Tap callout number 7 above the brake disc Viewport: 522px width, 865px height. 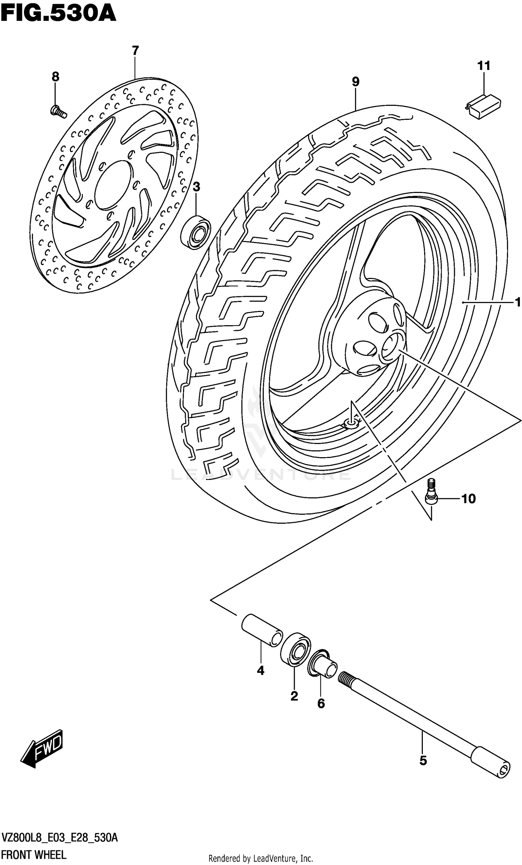tap(135, 50)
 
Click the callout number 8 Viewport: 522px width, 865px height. tap(55, 77)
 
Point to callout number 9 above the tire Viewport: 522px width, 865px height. tap(355, 82)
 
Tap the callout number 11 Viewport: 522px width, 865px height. tap(483, 66)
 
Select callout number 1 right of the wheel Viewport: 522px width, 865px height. tap(517, 302)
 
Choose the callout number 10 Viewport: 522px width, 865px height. tap(468, 499)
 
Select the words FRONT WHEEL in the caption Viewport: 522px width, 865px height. tap(34, 854)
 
